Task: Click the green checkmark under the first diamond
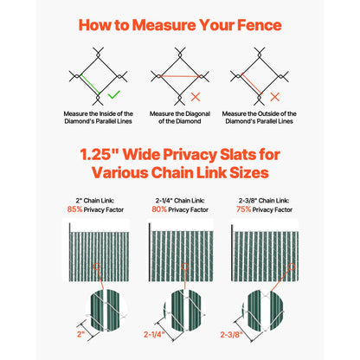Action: coord(115,93)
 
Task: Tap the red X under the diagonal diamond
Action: coord(197,95)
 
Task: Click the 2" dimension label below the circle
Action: coord(80,333)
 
